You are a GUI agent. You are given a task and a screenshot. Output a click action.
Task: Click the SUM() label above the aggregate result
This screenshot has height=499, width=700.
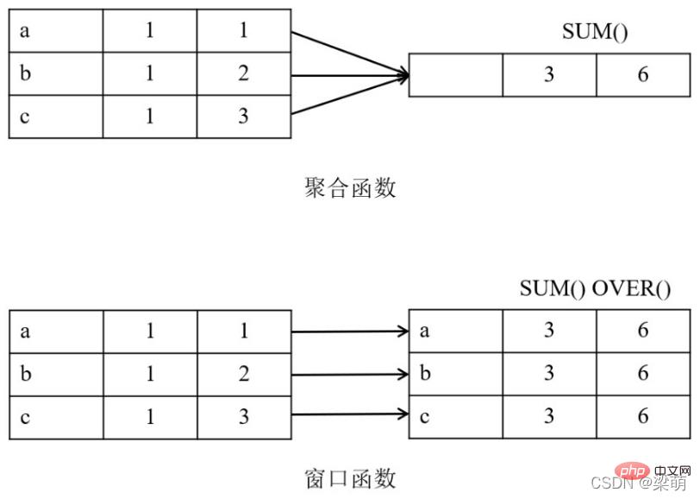click(595, 33)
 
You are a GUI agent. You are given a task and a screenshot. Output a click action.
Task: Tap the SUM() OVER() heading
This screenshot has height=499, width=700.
click(595, 288)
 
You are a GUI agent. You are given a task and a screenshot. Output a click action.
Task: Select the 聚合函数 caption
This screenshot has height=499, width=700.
click(350, 187)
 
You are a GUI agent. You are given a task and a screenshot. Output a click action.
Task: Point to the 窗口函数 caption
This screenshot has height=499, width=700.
click(350, 477)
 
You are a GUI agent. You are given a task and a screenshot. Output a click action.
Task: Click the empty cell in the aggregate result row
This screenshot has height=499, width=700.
click(455, 75)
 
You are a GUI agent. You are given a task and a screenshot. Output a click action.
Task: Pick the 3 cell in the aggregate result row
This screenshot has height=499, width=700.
click(549, 75)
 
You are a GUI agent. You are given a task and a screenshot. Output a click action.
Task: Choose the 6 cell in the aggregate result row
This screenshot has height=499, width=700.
click(643, 75)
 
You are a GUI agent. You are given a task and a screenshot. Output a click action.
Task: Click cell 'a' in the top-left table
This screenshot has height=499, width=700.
click(56, 31)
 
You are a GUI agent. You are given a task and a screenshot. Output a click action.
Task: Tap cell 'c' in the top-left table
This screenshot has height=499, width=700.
click(56, 117)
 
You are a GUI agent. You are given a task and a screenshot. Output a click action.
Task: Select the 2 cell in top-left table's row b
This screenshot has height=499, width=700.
click(243, 74)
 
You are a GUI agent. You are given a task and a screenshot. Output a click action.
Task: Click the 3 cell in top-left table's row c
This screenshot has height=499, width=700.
click(243, 117)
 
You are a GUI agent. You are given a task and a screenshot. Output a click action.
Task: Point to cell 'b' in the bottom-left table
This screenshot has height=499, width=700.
click(56, 374)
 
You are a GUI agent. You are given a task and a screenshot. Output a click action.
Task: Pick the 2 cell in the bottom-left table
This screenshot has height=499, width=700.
click(243, 374)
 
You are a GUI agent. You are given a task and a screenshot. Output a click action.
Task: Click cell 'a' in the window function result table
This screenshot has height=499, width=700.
click(455, 331)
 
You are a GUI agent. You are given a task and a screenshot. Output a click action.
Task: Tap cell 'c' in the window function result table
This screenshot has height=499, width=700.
click(455, 416)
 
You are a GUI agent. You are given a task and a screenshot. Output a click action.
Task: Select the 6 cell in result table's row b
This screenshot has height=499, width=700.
click(643, 374)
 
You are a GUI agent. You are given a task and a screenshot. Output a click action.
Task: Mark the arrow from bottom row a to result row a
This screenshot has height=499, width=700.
click(349, 331)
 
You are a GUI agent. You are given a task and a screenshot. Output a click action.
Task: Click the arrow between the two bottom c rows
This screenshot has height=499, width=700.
click(349, 415)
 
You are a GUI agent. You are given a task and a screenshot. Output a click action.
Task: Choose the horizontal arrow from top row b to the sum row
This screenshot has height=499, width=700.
click(349, 75)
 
